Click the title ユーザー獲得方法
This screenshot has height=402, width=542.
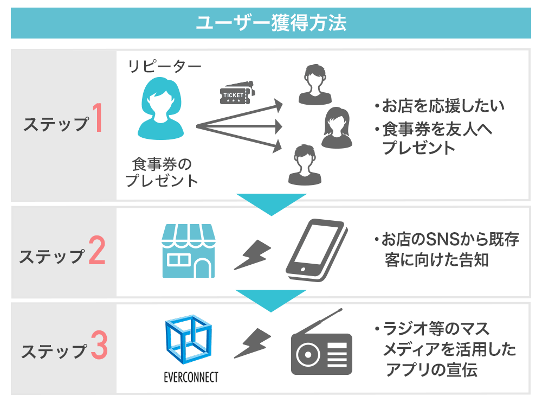click(x=270, y=23)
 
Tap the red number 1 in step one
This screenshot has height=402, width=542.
click(x=97, y=119)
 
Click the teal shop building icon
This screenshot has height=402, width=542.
click(x=189, y=252)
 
